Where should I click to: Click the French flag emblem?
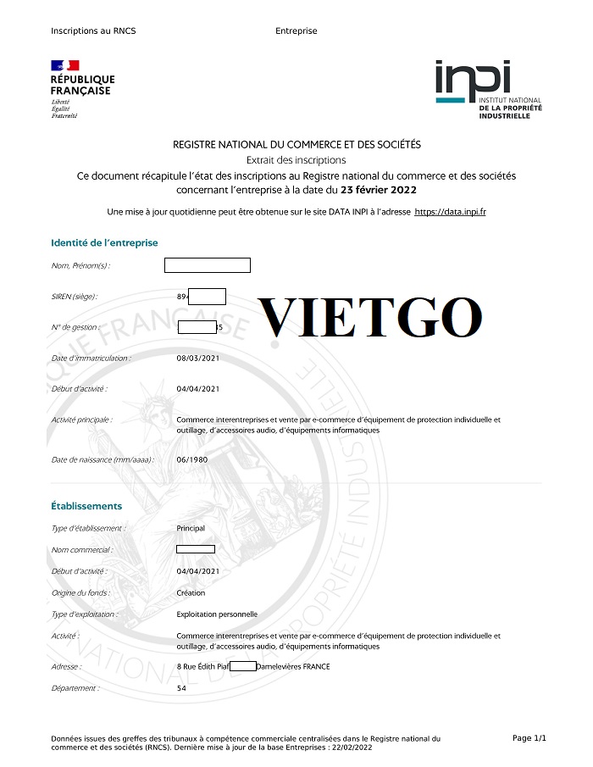65,65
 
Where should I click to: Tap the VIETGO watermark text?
370,318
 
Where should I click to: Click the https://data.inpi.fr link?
450,211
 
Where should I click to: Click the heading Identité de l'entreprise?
104,243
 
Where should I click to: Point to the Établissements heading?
86,506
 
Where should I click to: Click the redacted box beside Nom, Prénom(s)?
207,265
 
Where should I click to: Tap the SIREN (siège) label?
75,297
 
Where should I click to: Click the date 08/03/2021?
198,358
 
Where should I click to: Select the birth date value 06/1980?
192,459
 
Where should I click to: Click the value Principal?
191,528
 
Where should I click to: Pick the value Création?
191,593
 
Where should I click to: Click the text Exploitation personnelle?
217,614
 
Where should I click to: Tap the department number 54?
181,688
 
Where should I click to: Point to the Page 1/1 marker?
529,739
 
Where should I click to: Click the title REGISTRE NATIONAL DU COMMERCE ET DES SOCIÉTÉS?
296,145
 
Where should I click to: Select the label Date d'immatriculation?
91,358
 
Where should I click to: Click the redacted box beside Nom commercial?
196,549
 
